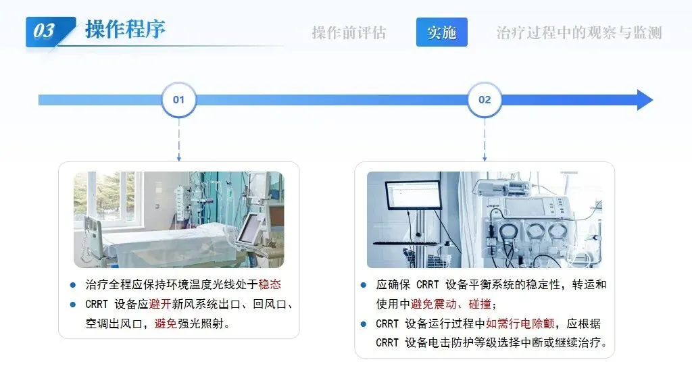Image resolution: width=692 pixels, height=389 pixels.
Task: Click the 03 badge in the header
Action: [x=45, y=31]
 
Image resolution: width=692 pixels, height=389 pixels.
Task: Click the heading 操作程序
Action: [x=125, y=30]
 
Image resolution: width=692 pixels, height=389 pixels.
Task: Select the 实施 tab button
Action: [x=441, y=32]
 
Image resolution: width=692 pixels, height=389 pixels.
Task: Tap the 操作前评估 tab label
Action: [x=349, y=32]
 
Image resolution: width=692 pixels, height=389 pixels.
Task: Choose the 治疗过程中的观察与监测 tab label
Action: [x=579, y=32]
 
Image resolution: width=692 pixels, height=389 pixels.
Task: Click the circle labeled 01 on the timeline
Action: [x=178, y=100]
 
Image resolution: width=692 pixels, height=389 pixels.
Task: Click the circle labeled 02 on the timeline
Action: [x=485, y=100]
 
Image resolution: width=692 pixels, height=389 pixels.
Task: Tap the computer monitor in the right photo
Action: [x=413, y=195]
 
